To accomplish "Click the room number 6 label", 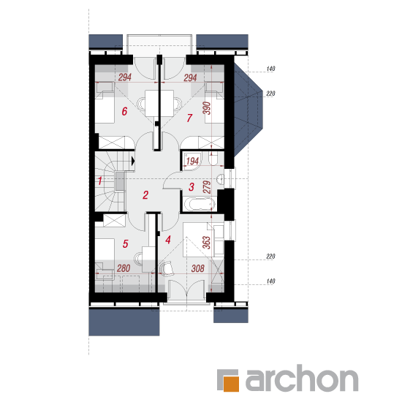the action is click(124, 112).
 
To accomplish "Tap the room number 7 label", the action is click(189, 118).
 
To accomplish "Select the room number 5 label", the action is click(125, 244).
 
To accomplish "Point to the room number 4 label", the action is click(168, 240).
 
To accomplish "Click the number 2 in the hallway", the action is click(145, 195).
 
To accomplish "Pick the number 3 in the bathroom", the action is click(191, 187).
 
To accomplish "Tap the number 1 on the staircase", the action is click(100, 181).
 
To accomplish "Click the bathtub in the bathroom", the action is click(200, 205).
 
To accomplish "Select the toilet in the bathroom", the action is click(213, 159).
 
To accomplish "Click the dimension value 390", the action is click(207, 108).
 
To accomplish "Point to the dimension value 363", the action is click(206, 243).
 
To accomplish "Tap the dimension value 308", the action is click(197, 268).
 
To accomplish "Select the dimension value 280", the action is click(124, 268).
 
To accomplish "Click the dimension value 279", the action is click(207, 187).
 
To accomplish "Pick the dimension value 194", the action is click(192, 162).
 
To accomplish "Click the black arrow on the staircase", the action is click(133, 161).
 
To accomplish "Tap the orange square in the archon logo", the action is click(231, 384).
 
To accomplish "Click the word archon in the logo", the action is click(302, 378).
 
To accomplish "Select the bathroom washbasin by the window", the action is click(220, 179).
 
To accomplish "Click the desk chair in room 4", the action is click(167, 268).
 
